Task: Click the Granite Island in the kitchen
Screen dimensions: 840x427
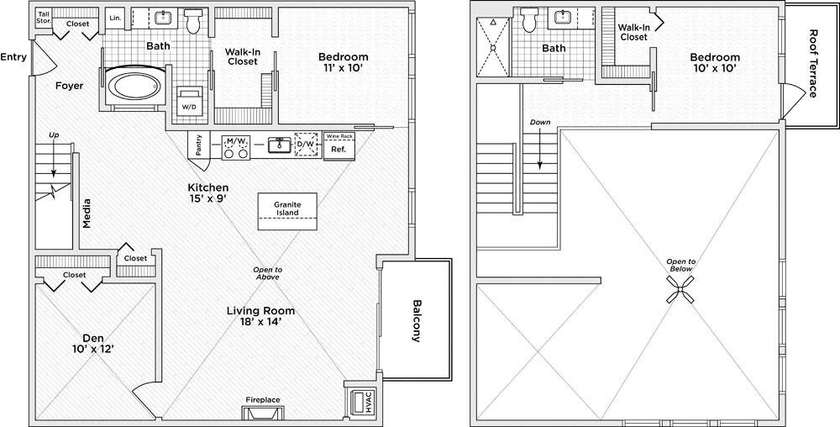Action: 287,211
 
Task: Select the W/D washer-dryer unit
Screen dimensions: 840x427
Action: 188,100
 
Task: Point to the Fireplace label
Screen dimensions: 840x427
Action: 262,399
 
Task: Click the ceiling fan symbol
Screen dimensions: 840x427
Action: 680,289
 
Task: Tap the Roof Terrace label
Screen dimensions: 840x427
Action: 813,63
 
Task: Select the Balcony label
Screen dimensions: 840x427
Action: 417,320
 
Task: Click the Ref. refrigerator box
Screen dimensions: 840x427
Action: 339,150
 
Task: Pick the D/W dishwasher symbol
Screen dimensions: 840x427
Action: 306,145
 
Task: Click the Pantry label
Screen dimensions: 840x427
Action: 199,145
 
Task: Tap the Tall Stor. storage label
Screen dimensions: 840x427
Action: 44,18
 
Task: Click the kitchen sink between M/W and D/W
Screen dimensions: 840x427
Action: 279,145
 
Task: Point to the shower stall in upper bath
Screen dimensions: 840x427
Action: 493,46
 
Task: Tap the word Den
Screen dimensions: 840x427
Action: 93,338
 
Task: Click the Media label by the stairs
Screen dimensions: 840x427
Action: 87,213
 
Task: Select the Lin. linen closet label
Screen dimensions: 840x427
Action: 115,18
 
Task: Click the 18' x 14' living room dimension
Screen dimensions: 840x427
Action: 260,322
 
